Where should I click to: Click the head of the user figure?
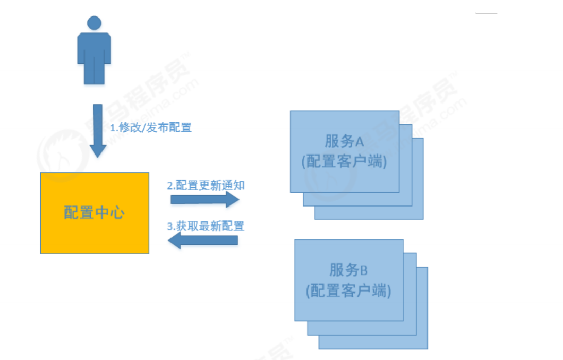tap(94, 23)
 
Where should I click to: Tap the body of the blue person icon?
tap(94, 54)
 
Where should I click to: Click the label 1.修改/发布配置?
tap(151, 128)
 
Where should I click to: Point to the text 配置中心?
tap(94, 213)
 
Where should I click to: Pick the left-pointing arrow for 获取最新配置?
tap(203, 240)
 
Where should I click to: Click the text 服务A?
tap(345, 141)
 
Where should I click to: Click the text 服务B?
tap(349, 270)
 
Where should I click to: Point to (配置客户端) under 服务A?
tap(345, 162)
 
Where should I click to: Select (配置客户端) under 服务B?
tap(349, 290)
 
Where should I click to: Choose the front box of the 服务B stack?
tap(349, 309)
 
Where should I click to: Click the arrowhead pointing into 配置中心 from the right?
tap(175, 240)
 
